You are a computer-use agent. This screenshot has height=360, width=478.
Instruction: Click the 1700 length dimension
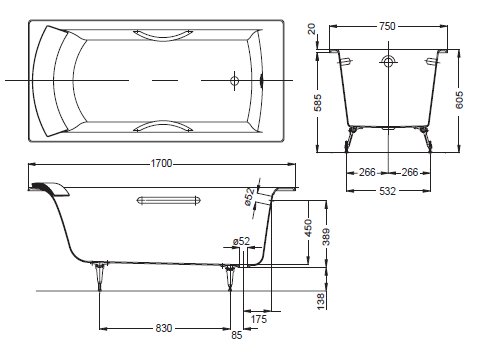(161, 164)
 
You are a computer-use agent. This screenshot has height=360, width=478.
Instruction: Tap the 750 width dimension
(387, 26)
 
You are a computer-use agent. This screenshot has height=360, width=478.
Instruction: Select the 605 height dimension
(459, 100)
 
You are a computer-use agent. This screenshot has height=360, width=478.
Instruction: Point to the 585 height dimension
(318, 102)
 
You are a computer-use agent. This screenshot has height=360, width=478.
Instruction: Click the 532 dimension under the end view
(388, 191)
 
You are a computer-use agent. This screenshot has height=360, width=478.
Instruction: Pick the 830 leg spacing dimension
(164, 328)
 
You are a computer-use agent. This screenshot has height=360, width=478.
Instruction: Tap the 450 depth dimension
(308, 228)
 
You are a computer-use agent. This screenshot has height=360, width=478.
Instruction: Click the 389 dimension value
(326, 237)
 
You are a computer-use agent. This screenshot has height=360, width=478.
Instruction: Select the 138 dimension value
(320, 301)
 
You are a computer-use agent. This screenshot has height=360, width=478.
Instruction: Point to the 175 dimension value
(259, 319)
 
